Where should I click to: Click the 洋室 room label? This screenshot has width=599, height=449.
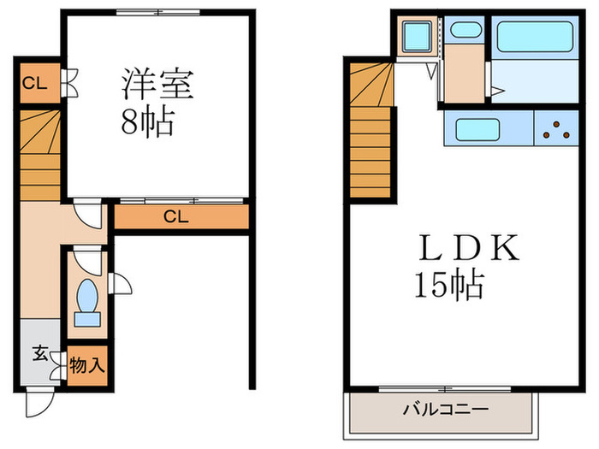159,86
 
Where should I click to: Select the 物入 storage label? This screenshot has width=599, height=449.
86,365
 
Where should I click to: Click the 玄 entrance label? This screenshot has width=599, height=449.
40,353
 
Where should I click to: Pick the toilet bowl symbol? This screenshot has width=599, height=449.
86,299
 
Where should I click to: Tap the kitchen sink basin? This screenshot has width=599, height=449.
483,130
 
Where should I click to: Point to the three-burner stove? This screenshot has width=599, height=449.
556,130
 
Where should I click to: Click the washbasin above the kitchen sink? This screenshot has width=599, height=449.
465,30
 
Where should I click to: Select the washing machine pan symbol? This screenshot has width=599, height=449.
417,38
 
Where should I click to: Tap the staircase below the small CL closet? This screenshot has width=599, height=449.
39,154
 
